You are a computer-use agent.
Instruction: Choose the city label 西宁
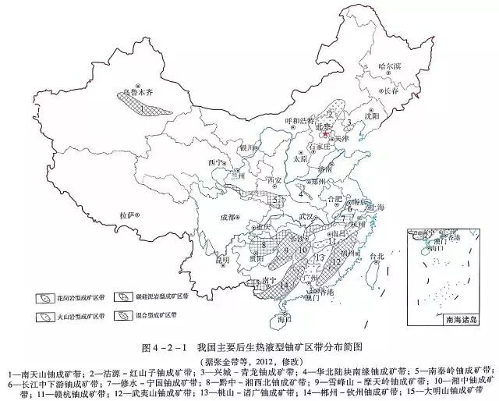click(x=216, y=162)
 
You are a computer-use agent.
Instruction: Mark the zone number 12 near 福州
click(x=336, y=262)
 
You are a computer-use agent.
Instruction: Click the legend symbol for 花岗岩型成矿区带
click(x=44, y=298)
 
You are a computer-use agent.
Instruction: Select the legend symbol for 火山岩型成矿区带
click(x=44, y=316)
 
